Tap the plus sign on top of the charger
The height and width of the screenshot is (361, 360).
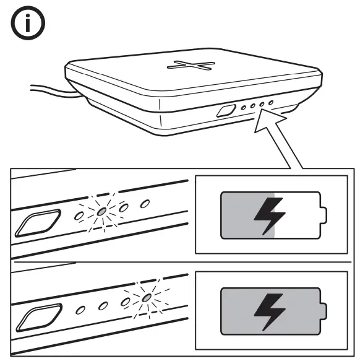point(192,66)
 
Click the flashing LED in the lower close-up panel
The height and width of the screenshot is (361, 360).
point(145,298)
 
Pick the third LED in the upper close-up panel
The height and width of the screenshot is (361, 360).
point(123,207)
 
